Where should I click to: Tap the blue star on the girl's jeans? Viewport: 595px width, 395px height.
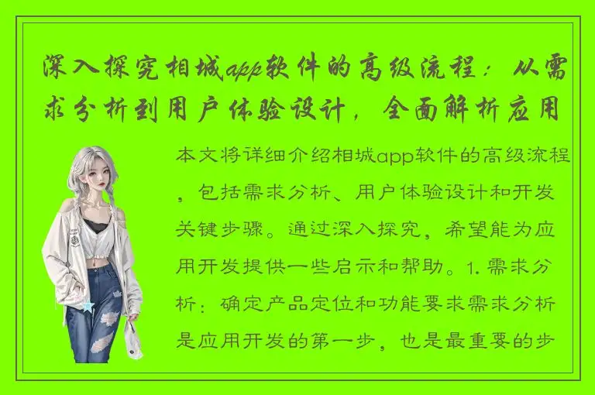coord(88,307)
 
